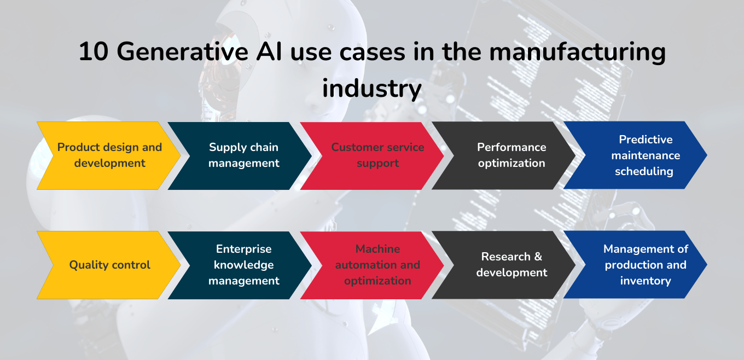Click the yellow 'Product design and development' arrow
(109, 155)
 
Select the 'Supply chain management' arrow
(243, 155)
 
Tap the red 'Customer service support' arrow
(377, 155)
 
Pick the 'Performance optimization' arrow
(512, 155)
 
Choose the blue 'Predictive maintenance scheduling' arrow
(643, 155)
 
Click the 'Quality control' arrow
(109, 265)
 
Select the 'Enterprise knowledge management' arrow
(243, 265)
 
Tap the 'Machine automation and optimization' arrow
(377, 265)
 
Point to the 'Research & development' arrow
(512, 265)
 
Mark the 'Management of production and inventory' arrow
(643, 265)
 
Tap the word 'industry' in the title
(371, 88)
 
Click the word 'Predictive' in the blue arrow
(646, 140)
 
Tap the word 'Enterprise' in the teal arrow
(243, 249)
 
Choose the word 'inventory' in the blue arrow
(646, 281)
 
